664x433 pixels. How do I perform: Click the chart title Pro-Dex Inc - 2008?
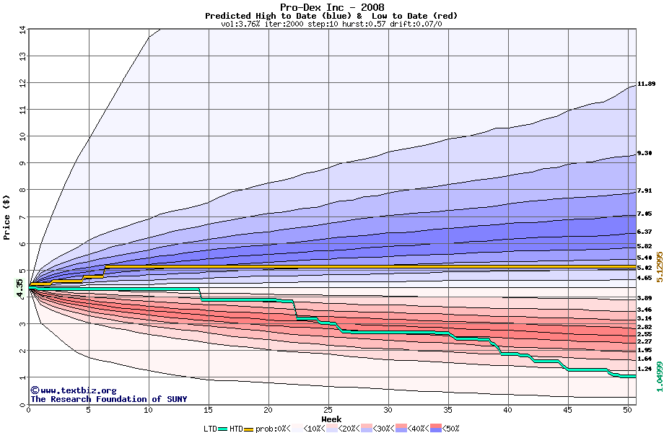click(x=331, y=7)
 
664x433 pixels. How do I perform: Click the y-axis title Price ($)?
click(x=7, y=216)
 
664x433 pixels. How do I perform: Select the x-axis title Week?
click(x=331, y=419)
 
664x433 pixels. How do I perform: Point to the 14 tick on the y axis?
click(x=22, y=30)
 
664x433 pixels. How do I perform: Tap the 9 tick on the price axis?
click(x=22, y=163)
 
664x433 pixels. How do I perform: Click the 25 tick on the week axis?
click(x=328, y=410)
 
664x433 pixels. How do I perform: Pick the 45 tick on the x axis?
click(x=569, y=410)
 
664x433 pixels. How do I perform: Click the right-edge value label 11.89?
click(x=646, y=84)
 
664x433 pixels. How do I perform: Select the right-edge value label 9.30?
click(x=645, y=154)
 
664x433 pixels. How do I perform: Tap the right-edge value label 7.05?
click(x=645, y=214)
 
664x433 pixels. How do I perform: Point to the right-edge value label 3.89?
click(x=645, y=298)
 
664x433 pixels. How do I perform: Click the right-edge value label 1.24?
click(x=645, y=369)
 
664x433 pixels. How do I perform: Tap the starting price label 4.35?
click(x=19, y=286)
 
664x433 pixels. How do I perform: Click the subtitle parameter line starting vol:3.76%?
click(x=331, y=24)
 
